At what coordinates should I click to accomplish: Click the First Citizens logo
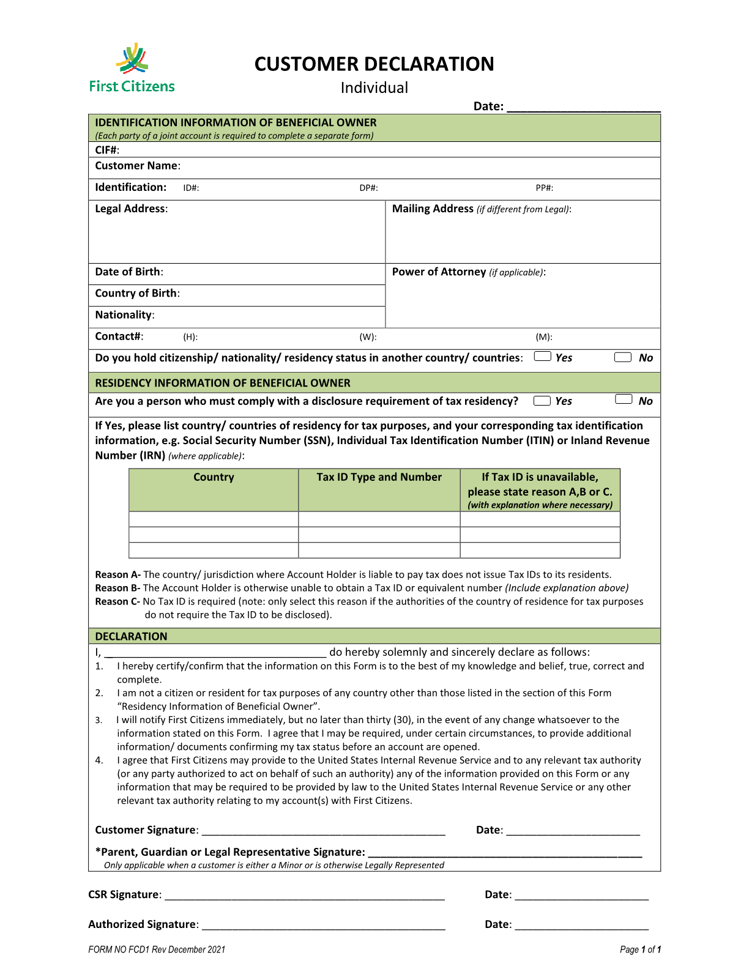pos(132,68)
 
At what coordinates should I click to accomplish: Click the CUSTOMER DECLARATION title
pos(374,64)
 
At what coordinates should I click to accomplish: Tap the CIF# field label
pos(107,150)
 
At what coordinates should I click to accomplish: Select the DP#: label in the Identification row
pos(368,188)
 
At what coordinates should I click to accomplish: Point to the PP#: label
pos(544,188)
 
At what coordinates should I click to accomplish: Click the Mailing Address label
pos(433,209)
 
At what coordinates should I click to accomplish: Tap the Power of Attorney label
pos(439,272)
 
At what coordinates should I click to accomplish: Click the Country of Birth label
pos(137,293)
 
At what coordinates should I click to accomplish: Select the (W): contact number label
pos(368,337)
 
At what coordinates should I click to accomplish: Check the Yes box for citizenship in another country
pos(542,357)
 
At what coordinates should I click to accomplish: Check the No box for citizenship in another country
pos(622,357)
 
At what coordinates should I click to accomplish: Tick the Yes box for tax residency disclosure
pos(542,401)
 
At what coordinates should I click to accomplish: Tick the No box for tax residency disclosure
pos(623,399)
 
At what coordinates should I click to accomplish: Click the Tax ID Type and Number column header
pos(379,477)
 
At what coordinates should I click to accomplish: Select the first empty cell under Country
pos(213,519)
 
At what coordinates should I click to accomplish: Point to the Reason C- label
pos(117,601)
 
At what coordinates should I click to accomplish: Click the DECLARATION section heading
pos(131,636)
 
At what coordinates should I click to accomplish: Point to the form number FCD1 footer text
pos(157,949)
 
